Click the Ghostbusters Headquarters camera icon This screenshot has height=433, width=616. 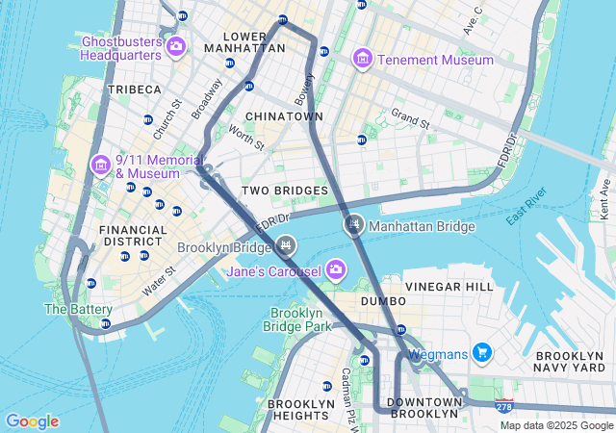coord(175,45)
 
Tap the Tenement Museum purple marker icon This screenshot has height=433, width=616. coord(363,60)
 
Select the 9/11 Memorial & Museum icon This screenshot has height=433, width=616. coord(101,166)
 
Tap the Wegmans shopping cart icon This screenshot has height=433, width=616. coord(482,353)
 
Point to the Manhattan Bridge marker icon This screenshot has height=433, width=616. coord(354,226)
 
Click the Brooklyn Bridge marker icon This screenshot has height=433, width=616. coord(285,247)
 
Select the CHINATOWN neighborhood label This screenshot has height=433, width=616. coord(284,116)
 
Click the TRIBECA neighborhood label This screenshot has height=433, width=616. coord(135,89)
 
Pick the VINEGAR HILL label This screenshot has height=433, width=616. coord(449,287)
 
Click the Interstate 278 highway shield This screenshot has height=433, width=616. coord(504,407)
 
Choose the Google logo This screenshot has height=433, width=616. coord(32,421)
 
